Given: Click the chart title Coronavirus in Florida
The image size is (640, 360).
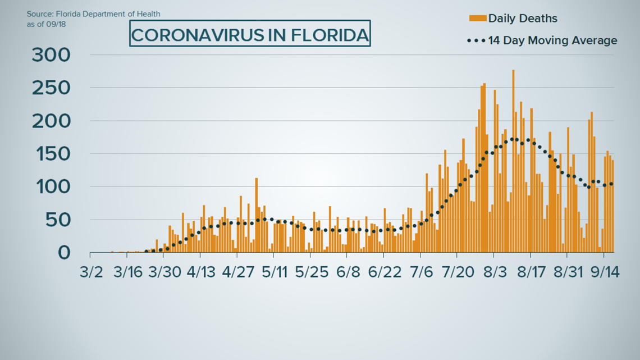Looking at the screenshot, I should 250,35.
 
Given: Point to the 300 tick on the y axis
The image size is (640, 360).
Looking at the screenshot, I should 51,55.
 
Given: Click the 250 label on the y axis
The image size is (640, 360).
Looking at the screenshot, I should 51,88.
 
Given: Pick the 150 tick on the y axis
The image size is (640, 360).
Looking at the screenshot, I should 51,154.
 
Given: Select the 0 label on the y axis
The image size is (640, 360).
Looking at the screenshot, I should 65,253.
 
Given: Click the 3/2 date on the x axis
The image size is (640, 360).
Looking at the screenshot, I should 92,273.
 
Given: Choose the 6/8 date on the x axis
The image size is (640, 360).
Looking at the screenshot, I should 348,273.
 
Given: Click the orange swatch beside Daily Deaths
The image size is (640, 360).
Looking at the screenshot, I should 477,18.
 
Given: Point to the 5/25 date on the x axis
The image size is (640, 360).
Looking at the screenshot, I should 312,273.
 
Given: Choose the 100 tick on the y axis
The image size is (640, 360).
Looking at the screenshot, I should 51,187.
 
